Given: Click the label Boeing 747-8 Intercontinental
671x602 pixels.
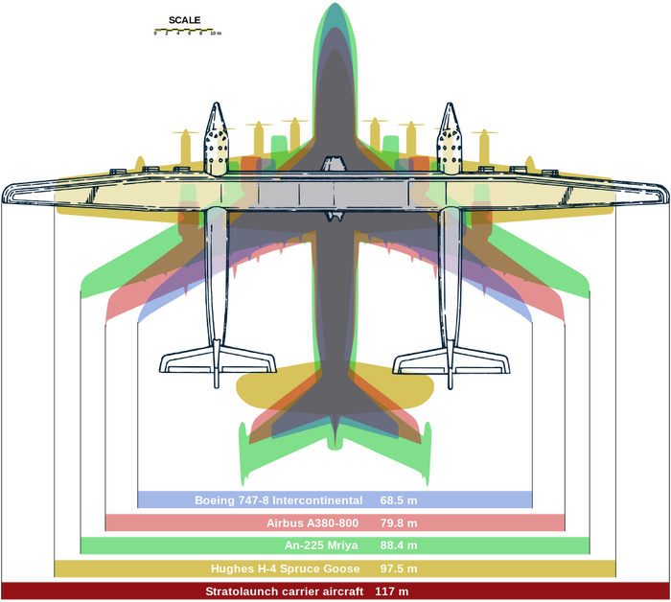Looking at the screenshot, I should pyautogui.click(x=278, y=500).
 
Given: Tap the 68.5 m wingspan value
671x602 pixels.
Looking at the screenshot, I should pyautogui.click(x=398, y=500).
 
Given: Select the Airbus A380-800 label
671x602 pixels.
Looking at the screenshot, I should pyautogui.click(x=312, y=523).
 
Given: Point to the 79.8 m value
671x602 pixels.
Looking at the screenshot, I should pyautogui.click(x=398, y=523).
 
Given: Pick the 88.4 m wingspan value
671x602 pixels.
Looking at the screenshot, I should pyautogui.click(x=398, y=545).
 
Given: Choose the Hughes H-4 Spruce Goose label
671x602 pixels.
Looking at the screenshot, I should pyautogui.click(x=286, y=568).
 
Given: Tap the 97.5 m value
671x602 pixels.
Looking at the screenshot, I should pyautogui.click(x=398, y=568).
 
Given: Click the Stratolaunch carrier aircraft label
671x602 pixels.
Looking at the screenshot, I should pyautogui.click(x=284, y=591).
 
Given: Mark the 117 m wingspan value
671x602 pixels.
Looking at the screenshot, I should pyautogui.click(x=391, y=591).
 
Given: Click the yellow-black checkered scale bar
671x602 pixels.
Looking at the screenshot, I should pyautogui.click(x=183, y=29).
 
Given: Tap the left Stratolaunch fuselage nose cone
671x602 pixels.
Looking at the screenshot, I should pyautogui.click(x=216, y=120).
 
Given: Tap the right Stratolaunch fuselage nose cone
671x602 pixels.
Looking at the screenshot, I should pyautogui.click(x=450, y=120).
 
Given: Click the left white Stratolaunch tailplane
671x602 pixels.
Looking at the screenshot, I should pyautogui.click(x=217, y=359).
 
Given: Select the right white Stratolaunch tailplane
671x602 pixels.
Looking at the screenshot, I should pyautogui.click(x=451, y=359).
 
